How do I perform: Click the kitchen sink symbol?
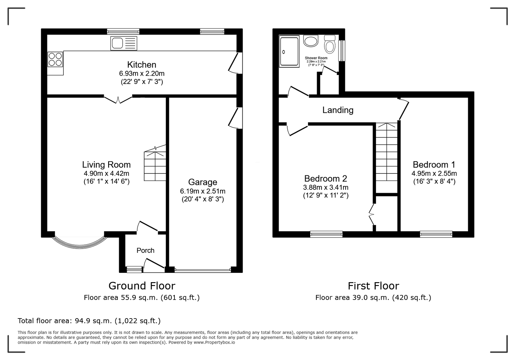click(x=124, y=43)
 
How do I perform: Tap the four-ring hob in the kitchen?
click(x=55, y=59)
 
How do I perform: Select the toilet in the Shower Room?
click(x=330, y=44)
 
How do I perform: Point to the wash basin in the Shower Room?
click(x=311, y=41)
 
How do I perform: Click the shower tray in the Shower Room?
click(x=289, y=51)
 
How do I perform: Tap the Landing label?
click(x=338, y=110)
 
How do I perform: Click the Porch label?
click(x=145, y=250)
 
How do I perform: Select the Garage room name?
click(x=202, y=182)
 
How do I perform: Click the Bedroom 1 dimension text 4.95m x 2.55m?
click(x=434, y=173)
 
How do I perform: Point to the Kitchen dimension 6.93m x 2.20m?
click(x=142, y=74)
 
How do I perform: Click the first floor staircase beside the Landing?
click(x=387, y=158)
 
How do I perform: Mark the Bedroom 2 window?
click(x=326, y=234)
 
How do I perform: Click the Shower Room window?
click(x=342, y=51)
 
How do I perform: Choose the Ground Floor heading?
click(x=142, y=286)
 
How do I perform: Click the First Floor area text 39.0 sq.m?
click(x=373, y=298)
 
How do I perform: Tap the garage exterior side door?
click(x=235, y=118)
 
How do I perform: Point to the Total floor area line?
click(x=89, y=321)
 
